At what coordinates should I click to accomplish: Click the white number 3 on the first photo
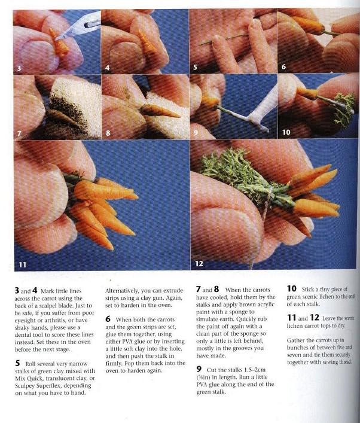19,68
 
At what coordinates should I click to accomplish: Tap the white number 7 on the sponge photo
19,133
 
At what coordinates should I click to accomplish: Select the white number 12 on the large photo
199,264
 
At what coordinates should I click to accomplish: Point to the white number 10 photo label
286,132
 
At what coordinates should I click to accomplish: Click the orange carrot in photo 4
147,42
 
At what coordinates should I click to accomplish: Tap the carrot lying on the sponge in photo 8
159,111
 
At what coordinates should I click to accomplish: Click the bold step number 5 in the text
17,363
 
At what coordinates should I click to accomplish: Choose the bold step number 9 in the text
199,369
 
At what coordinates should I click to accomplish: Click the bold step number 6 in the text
108,319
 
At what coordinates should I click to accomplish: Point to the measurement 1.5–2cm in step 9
255,370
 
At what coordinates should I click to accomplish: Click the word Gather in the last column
295,340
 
